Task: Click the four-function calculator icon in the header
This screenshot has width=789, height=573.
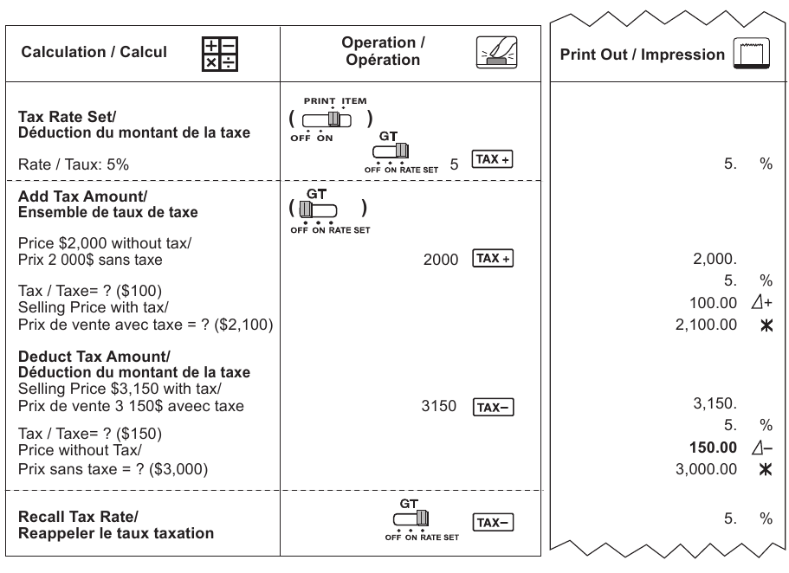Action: click(x=219, y=54)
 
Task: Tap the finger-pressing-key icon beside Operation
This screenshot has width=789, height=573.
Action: click(x=496, y=52)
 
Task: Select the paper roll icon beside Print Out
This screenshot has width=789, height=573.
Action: click(x=751, y=52)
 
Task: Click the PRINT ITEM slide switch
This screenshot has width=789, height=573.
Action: click(x=327, y=119)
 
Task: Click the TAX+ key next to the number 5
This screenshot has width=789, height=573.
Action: click(x=492, y=159)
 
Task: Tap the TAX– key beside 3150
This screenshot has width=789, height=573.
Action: click(x=493, y=407)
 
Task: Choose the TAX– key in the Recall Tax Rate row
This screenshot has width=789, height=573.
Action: click(x=493, y=522)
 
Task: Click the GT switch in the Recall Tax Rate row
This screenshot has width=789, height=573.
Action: click(x=411, y=518)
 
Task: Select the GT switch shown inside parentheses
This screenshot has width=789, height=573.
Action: click(x=318, y=209)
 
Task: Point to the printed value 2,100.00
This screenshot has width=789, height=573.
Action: click(x=706, y=325)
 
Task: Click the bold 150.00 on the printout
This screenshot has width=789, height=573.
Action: click(x=713, y=447)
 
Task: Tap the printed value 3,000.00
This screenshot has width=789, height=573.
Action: click(x=706, y=469)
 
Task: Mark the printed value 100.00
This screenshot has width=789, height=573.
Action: click(x=713, y=303)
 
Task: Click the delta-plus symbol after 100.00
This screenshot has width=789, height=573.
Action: click(x=762, y=302)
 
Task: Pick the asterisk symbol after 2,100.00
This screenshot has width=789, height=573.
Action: click(x=766, y=326)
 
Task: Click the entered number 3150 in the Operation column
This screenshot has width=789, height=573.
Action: click(x=439, y=406)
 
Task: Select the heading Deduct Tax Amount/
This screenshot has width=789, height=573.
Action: click(x=94, y=356)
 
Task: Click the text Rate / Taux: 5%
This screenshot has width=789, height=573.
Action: click(x=74, y=164)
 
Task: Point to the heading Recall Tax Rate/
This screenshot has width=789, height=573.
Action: click(x=78, y=517)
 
